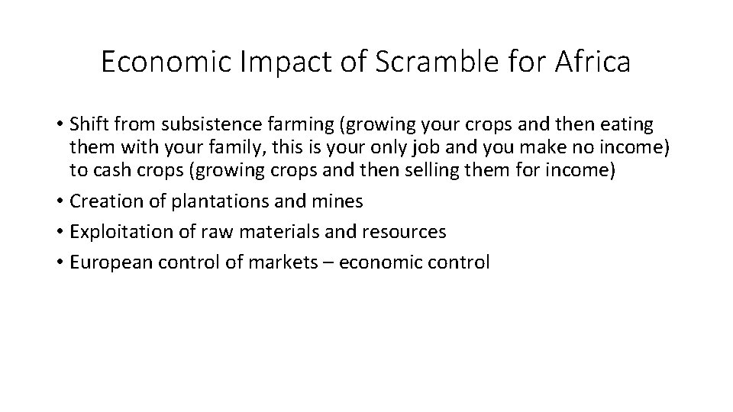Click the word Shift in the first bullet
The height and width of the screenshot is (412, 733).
coord(86,124)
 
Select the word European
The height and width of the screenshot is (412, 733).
coord(103,262)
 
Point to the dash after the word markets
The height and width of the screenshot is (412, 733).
coord(329,262)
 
